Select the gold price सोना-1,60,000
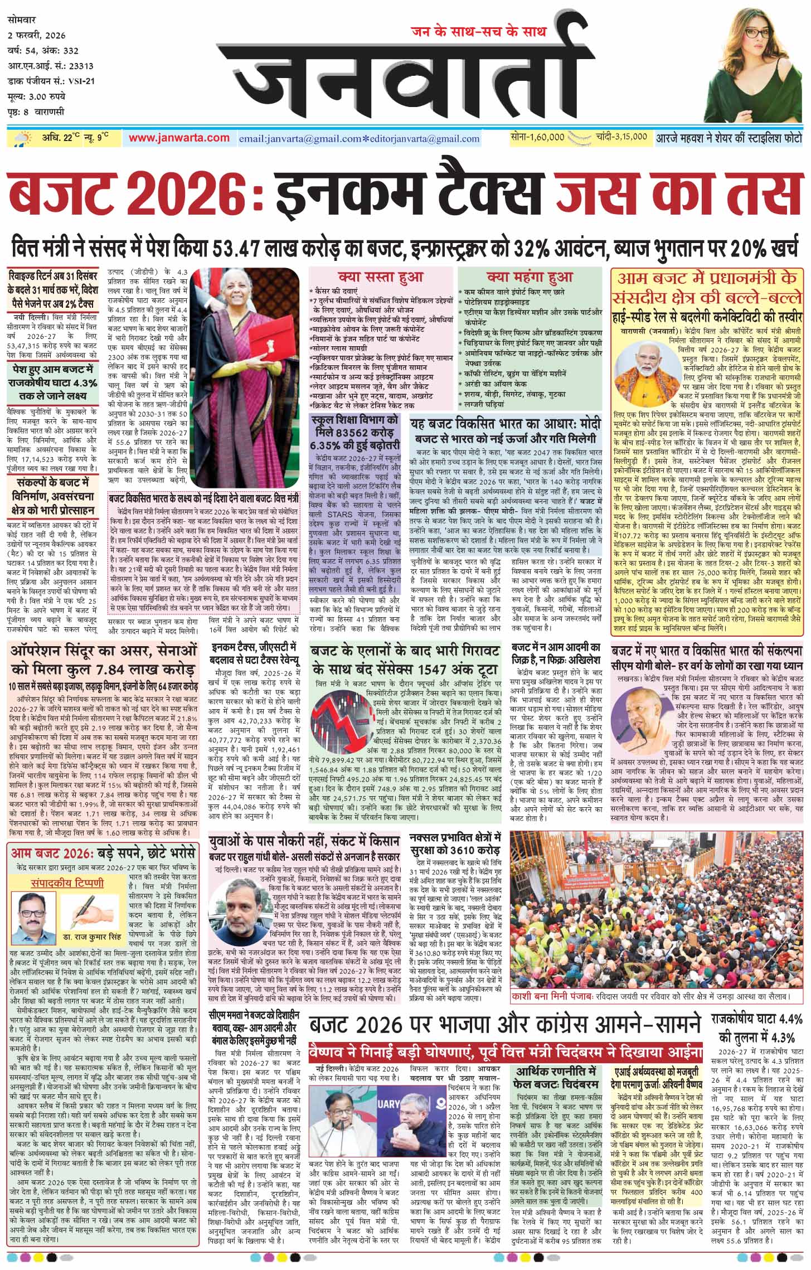537,137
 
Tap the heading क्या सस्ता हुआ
381,277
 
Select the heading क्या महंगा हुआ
530,277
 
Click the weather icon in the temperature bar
25,138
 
